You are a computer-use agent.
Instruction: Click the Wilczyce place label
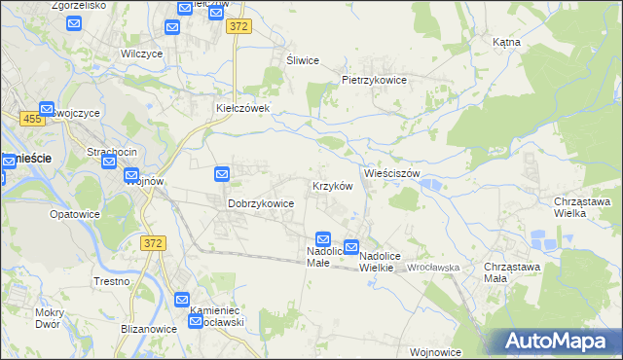pyautogui.click(x=139, y=54)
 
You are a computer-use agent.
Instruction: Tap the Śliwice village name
pyautogui.click(x=303, y=60)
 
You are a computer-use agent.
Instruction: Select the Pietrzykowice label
pyautogui.click(x=372, y=80)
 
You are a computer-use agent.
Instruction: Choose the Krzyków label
pyautogui.click(x=331, y=185)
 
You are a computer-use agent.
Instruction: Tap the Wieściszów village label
pyautogui.click(x=391, y=173)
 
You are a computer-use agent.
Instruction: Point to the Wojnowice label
pyautogui.click(x=435, y=351)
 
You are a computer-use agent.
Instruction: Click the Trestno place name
pyautogui.click(x=113, y=281)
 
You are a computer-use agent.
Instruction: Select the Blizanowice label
pyautogui.click(x=123, y=329)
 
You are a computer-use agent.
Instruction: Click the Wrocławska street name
pyautogui.click(x=434, y=267)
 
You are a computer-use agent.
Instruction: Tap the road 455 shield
pyautogui.click(x=31, y=118)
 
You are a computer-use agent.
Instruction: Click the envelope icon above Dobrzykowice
pyautogui.click(x=222, y=174)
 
